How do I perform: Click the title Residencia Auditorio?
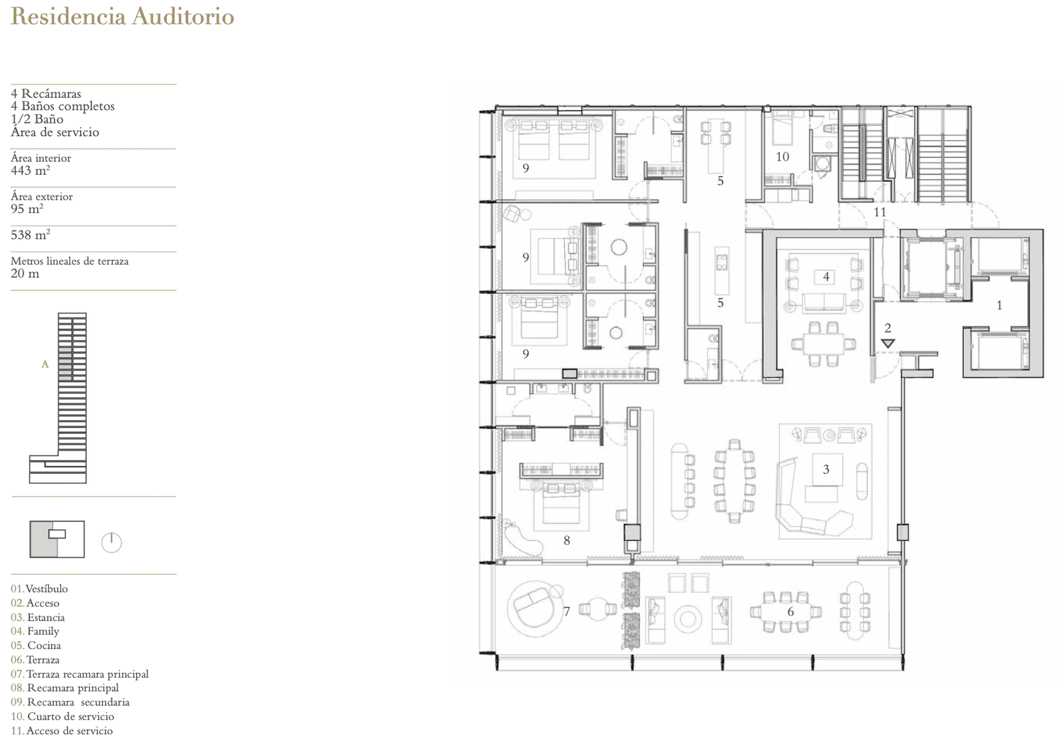(x=122, y=17)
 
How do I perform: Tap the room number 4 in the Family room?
(x=826, y=276)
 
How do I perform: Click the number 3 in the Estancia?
(x=826, y=469)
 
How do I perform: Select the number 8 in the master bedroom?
(x=567, y=540)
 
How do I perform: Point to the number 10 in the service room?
(x=783, y=157)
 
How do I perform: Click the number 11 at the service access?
(x=880, y=212)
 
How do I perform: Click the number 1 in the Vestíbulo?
(x=1000, y=305)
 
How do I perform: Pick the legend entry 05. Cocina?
(x=36, y=645)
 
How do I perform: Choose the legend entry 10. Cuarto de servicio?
(x=62, y=716)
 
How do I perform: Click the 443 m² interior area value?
(x=31, y=170)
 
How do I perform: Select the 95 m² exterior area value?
(x=27, y=208)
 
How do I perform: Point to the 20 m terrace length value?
(x=25, y=273)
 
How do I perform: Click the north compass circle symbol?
(x=112, y=542)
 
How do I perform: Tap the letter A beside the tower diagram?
(x=45, y=364)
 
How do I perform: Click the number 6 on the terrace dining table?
(x=791, y=612)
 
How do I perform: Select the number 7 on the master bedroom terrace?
(x=567, y=612)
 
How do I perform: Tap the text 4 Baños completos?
(x=62, y=106)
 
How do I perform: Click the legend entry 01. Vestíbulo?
(x=39, y=589)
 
